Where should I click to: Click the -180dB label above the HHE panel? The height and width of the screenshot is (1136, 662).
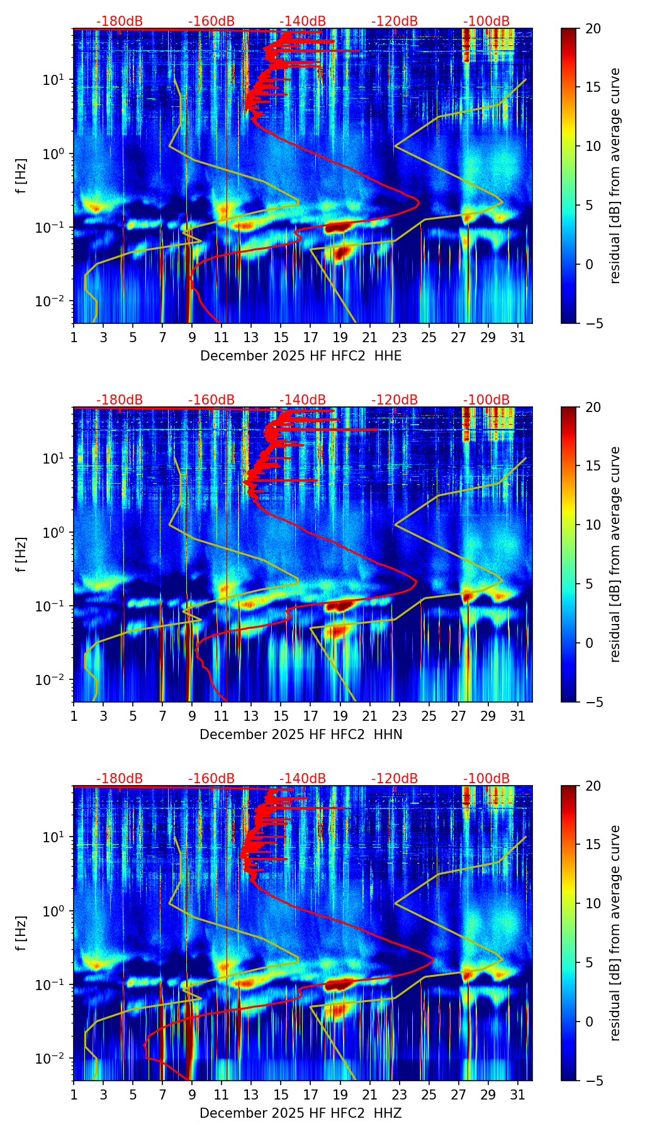click(x=120, y=21)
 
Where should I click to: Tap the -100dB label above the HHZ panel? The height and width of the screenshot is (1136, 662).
click(x=486, y=779)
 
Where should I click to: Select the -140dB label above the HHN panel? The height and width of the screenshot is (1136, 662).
click(x=303, y=400)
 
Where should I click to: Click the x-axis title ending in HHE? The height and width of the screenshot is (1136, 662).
click(x=301, y=356)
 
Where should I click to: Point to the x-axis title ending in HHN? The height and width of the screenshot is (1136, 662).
click(x=301, y=735)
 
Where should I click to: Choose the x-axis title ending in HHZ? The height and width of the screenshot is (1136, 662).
click(x=301, y=1113)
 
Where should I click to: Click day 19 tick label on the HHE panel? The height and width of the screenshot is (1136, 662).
click(x=340, y=337)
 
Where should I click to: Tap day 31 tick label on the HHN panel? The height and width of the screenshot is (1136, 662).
click(x=518, y=716)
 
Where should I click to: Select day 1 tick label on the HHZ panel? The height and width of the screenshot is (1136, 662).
click(x=74, y=1094)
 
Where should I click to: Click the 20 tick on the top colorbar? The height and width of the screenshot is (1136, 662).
click(x=593, y=28)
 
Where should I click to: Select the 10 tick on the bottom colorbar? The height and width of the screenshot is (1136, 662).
click(x=593, y=903)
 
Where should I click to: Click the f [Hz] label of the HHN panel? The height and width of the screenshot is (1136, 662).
click(x=21, y=554)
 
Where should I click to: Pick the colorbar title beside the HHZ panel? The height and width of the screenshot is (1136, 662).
click(x=615, y=933)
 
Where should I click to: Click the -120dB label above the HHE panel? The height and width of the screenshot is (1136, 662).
click(x=395, y=21)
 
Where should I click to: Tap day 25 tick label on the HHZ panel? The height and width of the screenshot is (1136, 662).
click(x=429, y=1094)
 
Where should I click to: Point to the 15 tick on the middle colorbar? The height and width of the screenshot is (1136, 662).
click(x=593, y=465)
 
